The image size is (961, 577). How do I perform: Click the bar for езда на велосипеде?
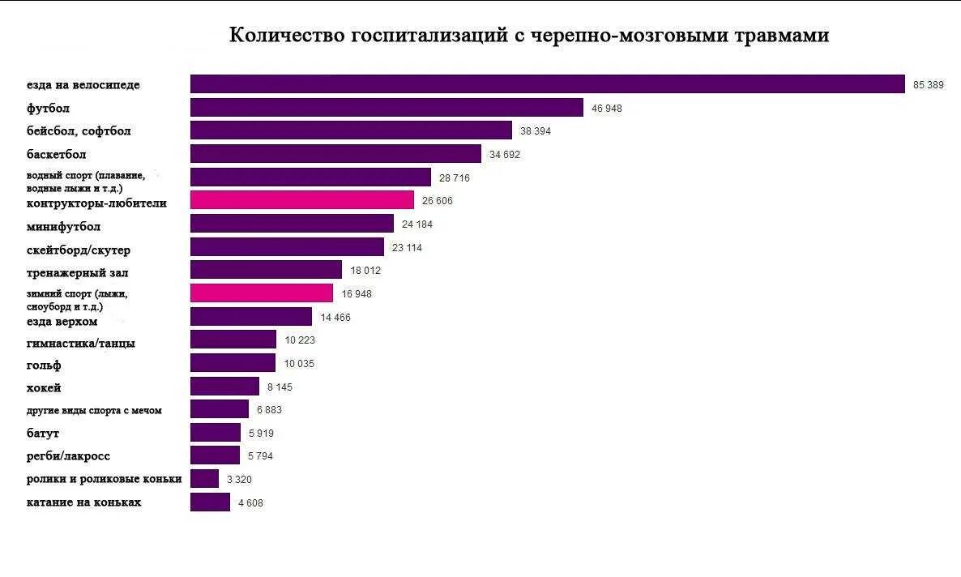547,84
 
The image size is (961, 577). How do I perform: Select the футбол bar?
387,108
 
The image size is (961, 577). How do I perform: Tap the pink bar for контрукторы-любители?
301,200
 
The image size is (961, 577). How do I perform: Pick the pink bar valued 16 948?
261,293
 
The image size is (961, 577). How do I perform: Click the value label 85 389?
928,85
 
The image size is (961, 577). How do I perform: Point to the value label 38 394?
535,131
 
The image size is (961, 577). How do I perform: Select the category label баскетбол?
56,154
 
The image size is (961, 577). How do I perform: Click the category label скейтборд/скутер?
78,250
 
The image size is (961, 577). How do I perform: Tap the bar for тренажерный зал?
266,270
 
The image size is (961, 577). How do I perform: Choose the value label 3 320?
239,480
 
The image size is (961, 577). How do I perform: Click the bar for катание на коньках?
210,502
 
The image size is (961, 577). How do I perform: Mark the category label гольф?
44,365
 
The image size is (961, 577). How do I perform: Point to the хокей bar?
224,387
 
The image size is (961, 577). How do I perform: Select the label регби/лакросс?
68,456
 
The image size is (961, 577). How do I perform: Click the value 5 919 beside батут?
261,434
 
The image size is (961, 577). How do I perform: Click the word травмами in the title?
781,36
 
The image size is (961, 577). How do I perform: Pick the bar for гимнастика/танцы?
233,340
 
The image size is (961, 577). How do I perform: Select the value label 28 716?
454,177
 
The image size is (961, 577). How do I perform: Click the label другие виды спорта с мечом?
94,411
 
